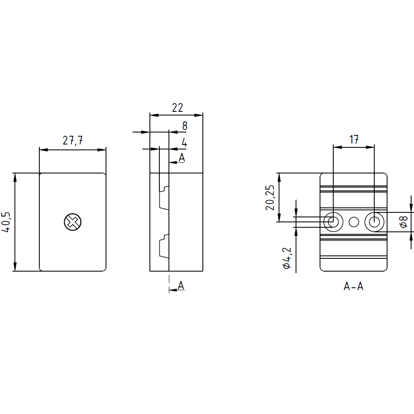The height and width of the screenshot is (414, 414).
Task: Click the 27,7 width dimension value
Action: [73, 141]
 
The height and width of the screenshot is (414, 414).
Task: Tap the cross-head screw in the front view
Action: [72, 222]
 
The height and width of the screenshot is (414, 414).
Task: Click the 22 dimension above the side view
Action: [177, 108]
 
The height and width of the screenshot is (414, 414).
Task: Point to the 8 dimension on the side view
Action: [185, 126]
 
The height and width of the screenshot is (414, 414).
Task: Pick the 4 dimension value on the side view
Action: [184, 143]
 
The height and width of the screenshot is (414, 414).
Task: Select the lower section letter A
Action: [181, 285]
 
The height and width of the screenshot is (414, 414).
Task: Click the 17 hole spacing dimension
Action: [354, 140]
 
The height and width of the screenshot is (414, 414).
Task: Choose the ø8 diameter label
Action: [404, 222]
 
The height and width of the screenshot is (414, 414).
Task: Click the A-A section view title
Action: [354, 286]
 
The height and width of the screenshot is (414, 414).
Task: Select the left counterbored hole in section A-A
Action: [333, 222]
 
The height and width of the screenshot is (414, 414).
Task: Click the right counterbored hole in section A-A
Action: [374, 222]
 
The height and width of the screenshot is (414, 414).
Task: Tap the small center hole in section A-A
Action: [354, 222]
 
